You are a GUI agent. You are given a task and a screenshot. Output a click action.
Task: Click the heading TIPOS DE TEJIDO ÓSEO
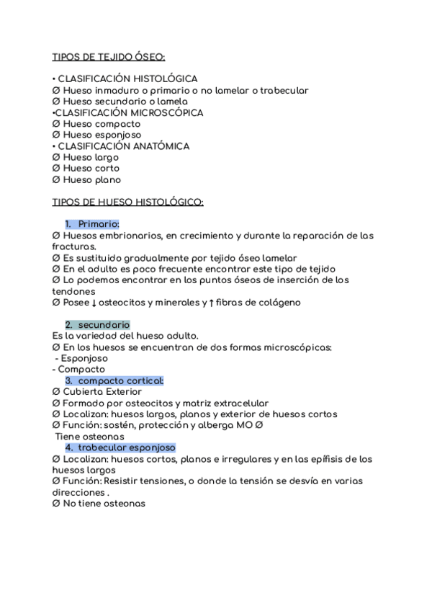point(109,56)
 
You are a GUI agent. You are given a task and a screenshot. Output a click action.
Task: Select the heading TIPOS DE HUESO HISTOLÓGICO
point(128,202)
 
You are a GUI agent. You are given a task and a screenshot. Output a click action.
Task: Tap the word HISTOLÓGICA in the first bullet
point(163,79)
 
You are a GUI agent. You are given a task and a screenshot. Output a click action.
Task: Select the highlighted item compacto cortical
point(120,380)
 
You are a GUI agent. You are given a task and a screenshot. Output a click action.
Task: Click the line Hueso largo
point(86,157)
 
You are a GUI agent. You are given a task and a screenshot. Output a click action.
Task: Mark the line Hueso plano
point(87,179)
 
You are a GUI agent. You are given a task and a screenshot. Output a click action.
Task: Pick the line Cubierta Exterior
point(97,391)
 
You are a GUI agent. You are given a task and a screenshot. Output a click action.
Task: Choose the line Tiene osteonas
point(90,436)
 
